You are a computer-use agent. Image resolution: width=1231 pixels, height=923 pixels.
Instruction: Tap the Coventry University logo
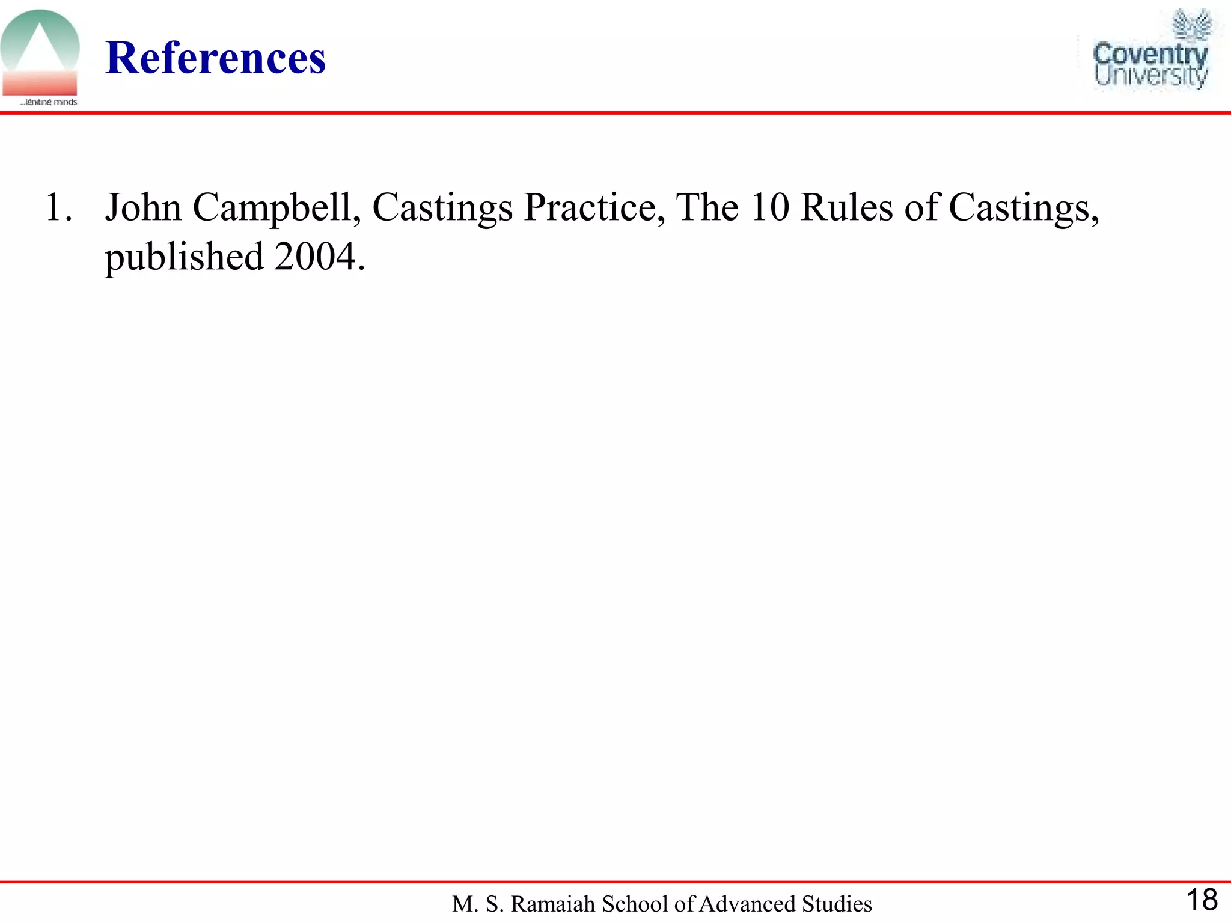1150,52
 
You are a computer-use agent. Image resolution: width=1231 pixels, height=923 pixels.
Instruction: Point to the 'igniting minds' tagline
49,102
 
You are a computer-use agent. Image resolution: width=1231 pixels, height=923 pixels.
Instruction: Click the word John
143,208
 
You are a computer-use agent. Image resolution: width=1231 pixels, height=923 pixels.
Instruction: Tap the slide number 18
1202,900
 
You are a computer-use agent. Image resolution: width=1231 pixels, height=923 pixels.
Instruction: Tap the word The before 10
707,208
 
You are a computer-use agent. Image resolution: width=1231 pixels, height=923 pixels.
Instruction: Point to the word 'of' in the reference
921,208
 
